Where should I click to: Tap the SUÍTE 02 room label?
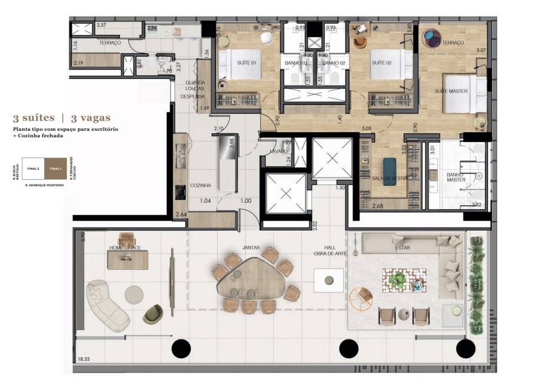(381, 62)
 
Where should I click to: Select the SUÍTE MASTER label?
(451, 91)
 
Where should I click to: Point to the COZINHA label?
(200, 185)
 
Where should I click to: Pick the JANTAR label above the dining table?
(251, 248)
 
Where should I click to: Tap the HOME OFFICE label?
(125, 248)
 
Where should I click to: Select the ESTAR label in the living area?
(403, 248)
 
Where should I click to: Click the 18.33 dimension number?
(85, 359)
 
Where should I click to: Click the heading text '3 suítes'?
(34, 118)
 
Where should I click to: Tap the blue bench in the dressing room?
(390, 172)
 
